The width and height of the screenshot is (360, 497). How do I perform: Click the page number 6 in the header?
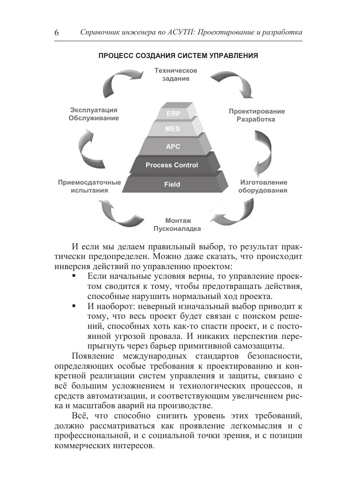(x=57, y=33)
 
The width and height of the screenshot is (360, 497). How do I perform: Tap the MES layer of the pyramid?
(x=172, y=129)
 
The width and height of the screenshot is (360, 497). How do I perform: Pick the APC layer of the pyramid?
(x=173, y=147)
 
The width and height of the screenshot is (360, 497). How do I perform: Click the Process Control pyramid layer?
(x=172, y=165)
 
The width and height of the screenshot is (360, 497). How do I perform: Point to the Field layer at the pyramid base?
(x=172, y=184)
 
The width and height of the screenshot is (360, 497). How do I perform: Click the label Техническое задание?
(x=176, y=74)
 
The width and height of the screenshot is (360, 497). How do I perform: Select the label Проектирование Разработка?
(x=257, y=115)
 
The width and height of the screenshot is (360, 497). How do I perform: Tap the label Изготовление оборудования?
(x=263, y=186)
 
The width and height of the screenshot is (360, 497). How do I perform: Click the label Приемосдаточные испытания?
(x=89, y=186)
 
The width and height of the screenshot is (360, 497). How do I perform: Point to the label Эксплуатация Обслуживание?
(x=94, y=114)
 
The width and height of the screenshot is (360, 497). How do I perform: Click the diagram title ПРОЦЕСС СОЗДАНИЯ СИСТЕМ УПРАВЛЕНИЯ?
(x=178, y=56)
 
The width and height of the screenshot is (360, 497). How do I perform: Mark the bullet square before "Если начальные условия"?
(x=74, y=276)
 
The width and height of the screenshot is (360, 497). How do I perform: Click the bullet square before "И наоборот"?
(x=74, y=307)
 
